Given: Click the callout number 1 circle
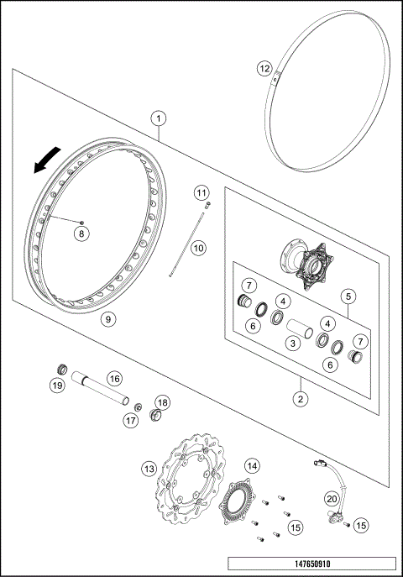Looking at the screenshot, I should pyautogui.click(x=159, y=119).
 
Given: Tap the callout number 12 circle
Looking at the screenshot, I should pyautogui.click(x=264, y=67).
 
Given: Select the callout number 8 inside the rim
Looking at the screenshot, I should pyautogui.click(x=81, y=233).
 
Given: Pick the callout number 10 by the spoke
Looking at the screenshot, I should pyautogui.click(x=197, y=248).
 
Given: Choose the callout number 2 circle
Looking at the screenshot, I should pyautogui.click(x=298, y=397).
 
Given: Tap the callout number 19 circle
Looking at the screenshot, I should pyautogui.click(x=57, y=386).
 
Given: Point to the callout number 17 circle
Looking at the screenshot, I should pyautogui.click(x=130, y=419).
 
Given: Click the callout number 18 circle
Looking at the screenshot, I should pyautogui.click(x=162, y=402).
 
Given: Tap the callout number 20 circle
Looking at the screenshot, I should pyautogui.click(x=331, y=498).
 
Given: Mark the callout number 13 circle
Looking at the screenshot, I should pyautogui.click(x=148, y=468).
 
